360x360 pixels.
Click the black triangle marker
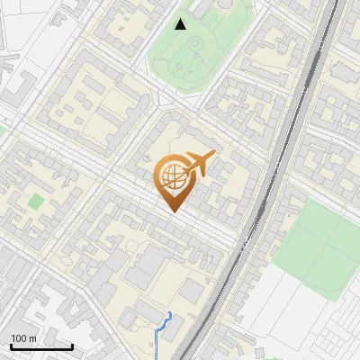click(x=181, y=23)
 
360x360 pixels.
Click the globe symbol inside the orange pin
click(x=171, y=176)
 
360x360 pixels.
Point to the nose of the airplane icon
click(x=214, y=156)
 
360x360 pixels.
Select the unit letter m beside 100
click(x=34, y=338)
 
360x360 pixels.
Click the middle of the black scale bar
click(x=41, y=346)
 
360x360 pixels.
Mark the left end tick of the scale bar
click(x=11, y=346)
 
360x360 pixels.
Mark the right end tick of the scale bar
click(x=72, y=346)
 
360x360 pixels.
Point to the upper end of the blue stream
click(x=168, y=314)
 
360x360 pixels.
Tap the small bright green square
click(x=36, y=202)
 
